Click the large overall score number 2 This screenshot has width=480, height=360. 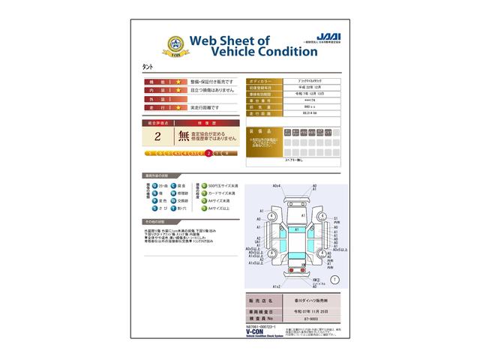coord(157,136)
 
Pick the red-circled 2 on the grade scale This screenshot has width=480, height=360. coord(208,153)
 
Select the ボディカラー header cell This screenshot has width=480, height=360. coord(262,79)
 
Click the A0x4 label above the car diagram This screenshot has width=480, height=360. coord(276,186)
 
